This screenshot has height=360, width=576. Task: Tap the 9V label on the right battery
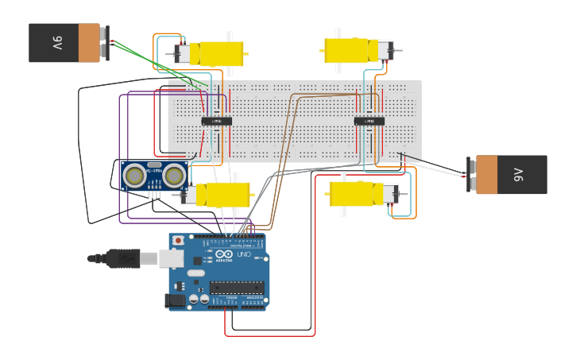[x=518, y=175]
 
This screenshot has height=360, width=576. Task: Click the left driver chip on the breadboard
[x=216, y=121]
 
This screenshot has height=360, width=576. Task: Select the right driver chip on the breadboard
[x=369, y=121]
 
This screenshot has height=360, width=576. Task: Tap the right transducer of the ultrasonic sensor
[x=174, y=176]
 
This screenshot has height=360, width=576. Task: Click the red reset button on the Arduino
[x=178, y=240]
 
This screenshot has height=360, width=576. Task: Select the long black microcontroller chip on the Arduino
[x=237, y=288]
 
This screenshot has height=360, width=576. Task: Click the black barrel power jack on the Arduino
[x=174, y=300]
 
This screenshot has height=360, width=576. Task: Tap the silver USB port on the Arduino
[x=170, y=257]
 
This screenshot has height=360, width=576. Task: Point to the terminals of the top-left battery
[x=106, y=42]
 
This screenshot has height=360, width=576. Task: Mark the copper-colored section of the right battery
[x=486, y=175]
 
